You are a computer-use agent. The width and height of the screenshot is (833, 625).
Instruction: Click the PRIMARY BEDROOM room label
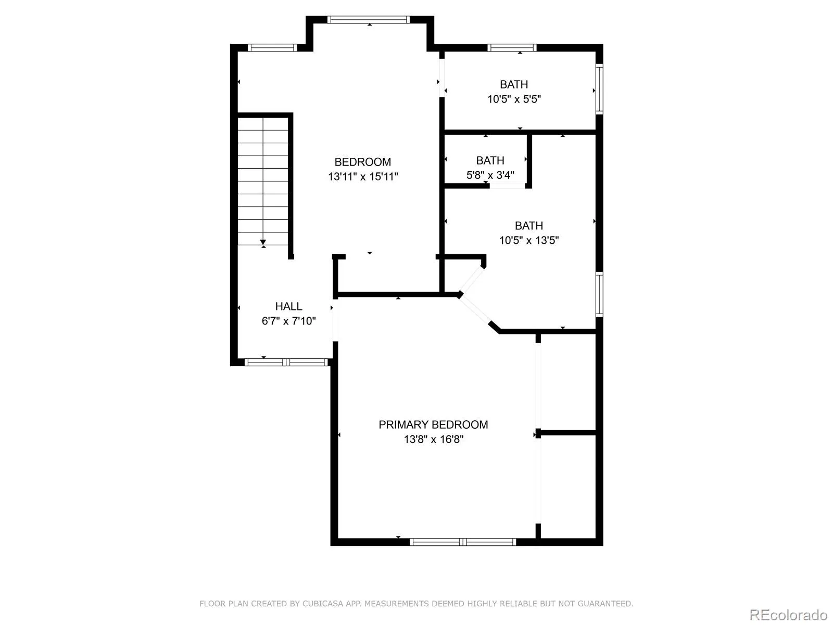coord(433,424)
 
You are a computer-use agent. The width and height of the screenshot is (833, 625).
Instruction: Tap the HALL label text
coord(288,306)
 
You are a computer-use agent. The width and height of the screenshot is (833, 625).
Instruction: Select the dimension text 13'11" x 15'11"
coord(363,177)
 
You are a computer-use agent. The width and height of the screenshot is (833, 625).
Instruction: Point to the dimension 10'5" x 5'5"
coord(514,99)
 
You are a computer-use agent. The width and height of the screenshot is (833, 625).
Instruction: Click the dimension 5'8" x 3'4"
coord(490,175)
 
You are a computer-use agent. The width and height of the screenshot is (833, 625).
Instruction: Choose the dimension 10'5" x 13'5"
coord(528,240)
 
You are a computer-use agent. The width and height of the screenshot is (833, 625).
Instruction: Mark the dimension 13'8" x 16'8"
coord(433,439)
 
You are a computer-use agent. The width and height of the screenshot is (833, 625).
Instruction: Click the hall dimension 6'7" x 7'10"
coord(288,321)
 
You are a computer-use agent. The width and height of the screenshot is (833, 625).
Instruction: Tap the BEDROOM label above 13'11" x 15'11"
coord(362,162)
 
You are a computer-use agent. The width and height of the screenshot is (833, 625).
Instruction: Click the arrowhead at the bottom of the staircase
coord(263,242)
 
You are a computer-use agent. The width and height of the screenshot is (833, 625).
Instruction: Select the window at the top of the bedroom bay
coord(369,20)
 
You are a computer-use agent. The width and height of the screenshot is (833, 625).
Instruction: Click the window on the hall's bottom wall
coord(286,362)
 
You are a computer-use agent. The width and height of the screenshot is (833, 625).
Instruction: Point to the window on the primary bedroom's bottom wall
coord(463,542)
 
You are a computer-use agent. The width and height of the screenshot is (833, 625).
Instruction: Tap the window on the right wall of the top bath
coord(599,89)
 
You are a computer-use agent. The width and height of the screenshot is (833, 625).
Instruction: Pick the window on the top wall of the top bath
coord(512,47)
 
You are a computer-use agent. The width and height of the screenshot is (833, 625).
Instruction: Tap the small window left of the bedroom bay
coord(272,47)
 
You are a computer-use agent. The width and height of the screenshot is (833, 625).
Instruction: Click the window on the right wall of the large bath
coord(599,294)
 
